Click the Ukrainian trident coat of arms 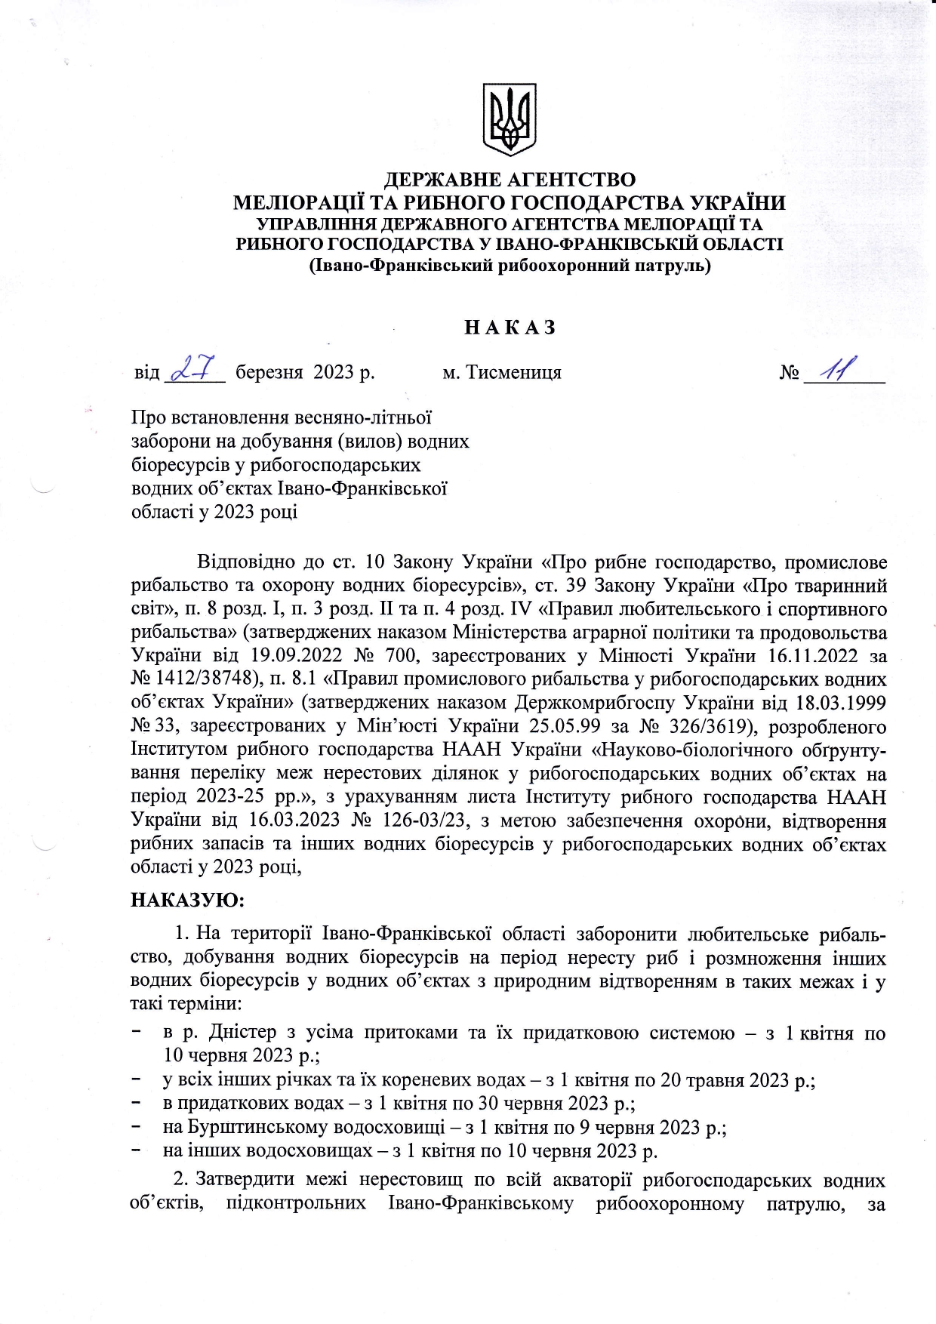pos(510,120)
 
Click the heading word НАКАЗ pos(510,328)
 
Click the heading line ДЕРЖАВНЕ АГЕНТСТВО pos(510,180)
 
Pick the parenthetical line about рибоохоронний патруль pos(510,266)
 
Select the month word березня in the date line pos(269,373)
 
